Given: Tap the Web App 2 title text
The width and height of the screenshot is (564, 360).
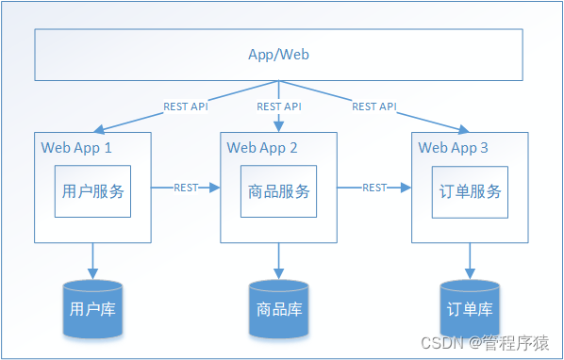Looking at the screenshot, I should [x=262, y=147].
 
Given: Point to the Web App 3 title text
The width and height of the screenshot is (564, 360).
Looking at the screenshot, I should [x=454, y=147].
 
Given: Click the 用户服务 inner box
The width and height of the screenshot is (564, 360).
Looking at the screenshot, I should [x=91, y=191].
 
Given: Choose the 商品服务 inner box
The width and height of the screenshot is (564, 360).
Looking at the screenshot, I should [x=278, y=191].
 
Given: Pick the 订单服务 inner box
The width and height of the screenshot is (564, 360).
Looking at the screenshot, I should [x=470, y=191].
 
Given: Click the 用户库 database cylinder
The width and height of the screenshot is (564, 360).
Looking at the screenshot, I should [x=92, y=308].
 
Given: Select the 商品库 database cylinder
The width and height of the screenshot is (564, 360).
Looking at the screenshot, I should [x=279, y=308].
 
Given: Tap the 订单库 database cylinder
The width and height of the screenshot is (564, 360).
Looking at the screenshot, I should [x=471, y=308].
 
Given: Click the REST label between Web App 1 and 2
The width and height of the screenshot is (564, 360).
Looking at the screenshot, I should [x=186, y=188].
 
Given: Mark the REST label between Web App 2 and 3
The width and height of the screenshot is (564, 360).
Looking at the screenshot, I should [x=374, y=188].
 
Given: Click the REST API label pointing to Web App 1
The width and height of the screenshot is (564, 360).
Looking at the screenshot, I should [x=186, y=106].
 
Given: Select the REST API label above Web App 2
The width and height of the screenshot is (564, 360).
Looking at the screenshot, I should [x=279, y=106].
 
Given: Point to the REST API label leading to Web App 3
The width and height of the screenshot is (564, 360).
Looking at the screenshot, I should [x=374, y=106].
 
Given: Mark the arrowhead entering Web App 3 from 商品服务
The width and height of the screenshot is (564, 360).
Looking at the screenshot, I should [x=406, y=188].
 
